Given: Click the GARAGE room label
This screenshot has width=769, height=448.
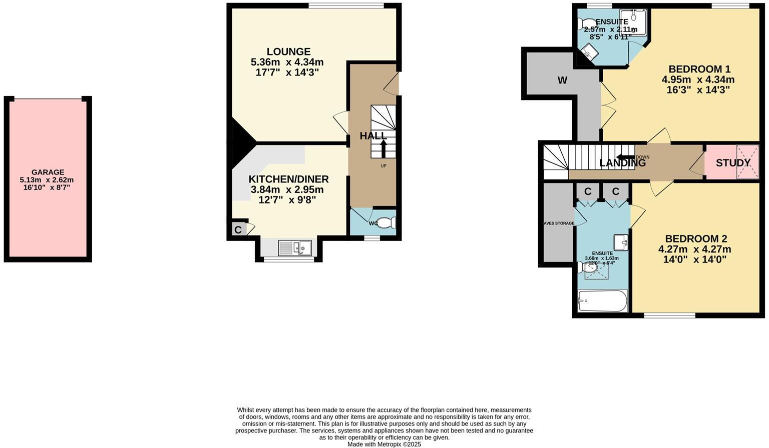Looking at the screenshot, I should tap(48, 172).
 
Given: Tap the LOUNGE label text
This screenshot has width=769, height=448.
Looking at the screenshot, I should tap(288, 51).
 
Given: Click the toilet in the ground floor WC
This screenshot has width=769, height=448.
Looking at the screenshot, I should tap(386, 223).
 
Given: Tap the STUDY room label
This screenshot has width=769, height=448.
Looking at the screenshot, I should tap(733, 163).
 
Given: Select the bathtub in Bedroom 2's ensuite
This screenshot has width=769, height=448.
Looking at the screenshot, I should tap(602, 301).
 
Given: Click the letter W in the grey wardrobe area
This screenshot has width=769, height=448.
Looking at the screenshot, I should tap(562, 80).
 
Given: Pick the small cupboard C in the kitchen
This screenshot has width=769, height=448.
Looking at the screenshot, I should tap(238, 230).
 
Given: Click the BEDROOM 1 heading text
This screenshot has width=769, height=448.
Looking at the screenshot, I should tap(699, 69).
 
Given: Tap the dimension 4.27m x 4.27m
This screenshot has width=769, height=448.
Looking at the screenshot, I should tap(694, 249).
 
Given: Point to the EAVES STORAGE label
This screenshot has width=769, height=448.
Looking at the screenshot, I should tap(559, 223).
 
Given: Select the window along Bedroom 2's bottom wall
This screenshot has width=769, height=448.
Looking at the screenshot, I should tap(669, 315).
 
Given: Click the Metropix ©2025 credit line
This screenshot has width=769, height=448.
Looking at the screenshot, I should tap(384, 444).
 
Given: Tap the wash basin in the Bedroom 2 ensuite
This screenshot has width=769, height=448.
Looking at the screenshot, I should tap(621, 242).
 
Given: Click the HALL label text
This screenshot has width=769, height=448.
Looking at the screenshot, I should tap(373, 136).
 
